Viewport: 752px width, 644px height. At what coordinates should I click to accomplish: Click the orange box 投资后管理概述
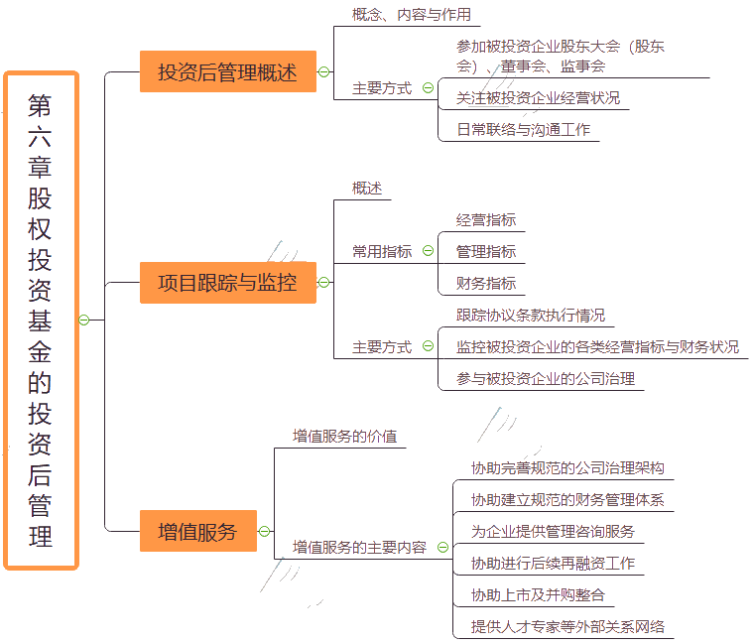(227, 71)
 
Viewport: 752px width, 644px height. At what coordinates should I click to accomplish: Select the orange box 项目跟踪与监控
(227, 283)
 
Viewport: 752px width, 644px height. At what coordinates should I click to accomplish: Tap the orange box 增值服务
(197, 531)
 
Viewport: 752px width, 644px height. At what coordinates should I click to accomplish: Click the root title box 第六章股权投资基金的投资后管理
(41, 320)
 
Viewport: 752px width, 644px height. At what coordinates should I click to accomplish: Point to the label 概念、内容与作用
(411, 15)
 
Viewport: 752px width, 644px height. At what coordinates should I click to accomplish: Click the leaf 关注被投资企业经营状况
(538, 98)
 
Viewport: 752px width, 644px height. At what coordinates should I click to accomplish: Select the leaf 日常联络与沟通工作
(524, 129)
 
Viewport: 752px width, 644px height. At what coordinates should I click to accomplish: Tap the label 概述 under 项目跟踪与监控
(367, 189)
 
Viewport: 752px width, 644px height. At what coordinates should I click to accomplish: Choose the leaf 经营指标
(486, 220)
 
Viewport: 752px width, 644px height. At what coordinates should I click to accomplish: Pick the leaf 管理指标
(486, 252)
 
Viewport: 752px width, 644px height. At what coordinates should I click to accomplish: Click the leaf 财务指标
(486, 284)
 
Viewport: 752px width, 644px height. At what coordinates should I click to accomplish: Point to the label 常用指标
(382, 252)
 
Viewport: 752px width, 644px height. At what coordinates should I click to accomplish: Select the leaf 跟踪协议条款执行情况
(531, 316)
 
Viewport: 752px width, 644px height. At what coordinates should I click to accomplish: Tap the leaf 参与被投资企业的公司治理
(546, 378)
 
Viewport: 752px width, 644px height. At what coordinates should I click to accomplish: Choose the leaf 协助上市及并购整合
(538, 594)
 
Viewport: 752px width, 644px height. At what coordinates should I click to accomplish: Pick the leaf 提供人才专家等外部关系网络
(567, 626)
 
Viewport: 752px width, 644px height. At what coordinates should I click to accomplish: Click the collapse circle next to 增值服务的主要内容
(442, 547)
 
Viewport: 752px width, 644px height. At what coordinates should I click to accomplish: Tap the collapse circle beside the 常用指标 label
(428, 252)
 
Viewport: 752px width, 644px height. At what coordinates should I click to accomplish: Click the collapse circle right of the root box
(84, 320)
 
